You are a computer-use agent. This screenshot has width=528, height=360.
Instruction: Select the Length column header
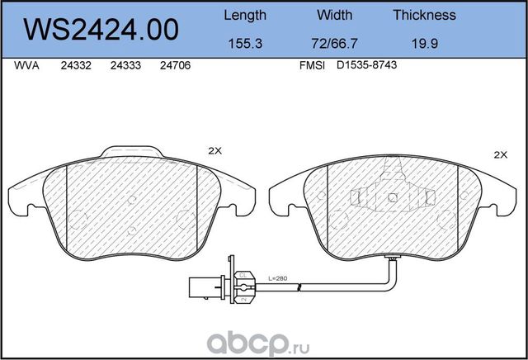(x=245, y=15)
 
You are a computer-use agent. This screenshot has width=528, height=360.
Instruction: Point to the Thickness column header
(x=424, y=15)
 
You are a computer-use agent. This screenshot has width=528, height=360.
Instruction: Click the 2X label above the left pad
(x=215, y=151)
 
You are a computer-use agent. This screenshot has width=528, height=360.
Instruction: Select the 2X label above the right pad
(x=500, y=154)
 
